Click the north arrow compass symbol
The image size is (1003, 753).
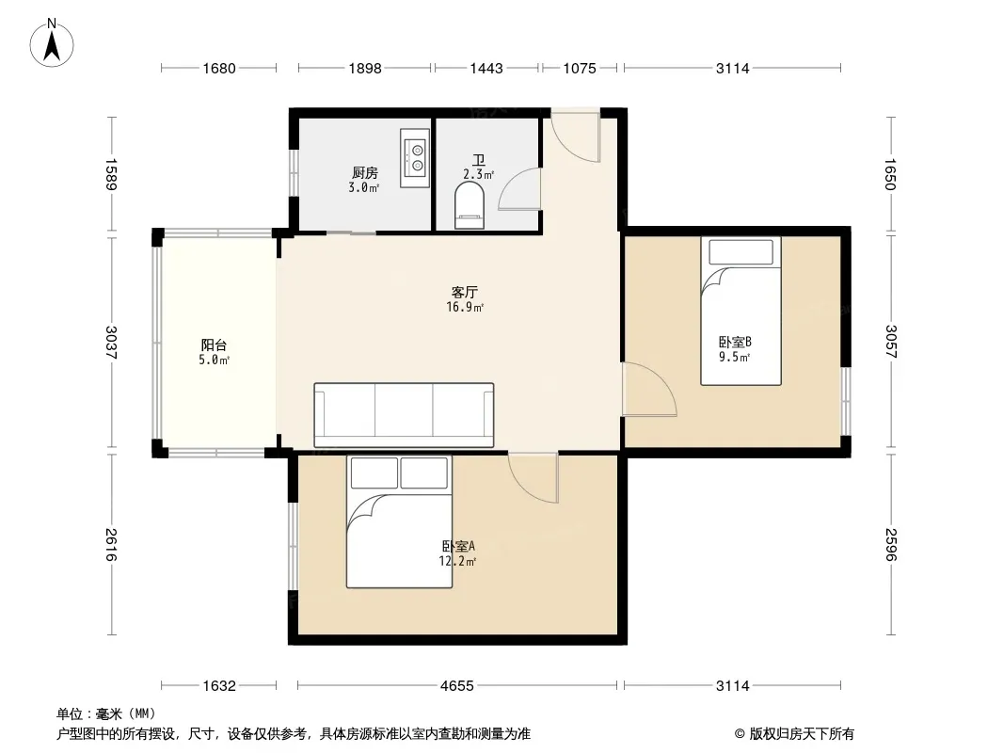click(x=52, y=43)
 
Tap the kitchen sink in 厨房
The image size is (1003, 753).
click(x=415, y=158)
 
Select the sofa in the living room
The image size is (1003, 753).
click(x=404, y=415)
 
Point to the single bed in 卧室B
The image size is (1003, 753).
click(x=740, y=311)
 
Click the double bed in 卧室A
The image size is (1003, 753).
click(x=399, y=521)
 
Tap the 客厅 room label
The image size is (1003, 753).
click(x=465, y=293)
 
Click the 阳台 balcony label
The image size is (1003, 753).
click(x=214, y=345)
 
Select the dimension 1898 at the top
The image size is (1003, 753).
click(x=365, y=68)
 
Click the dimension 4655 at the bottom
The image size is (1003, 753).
click(x=456, y=686)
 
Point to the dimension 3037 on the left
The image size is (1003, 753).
click(x=112, y=343)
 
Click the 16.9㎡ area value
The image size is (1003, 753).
click(x=465, y=308)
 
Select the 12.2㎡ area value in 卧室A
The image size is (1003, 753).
click(x=457, y=562)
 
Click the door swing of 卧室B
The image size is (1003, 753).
click(x=650, y=389)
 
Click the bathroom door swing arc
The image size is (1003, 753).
click(x=519, y=189)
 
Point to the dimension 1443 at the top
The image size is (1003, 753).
click(x=486, y=68)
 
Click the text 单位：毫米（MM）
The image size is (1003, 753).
click(x=106, y=714)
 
